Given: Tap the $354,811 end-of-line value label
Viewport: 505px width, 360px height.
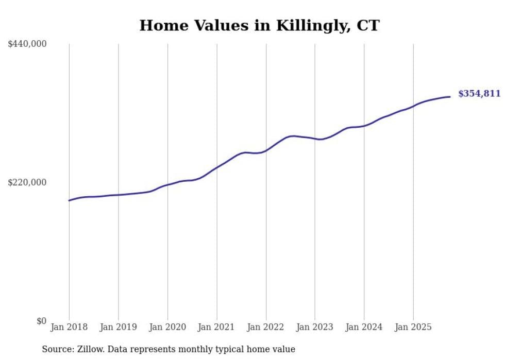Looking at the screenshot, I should point(479,94).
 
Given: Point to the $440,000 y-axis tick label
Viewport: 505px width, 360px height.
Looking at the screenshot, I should point(27,44).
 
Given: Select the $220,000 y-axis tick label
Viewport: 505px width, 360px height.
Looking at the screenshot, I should point(27,182).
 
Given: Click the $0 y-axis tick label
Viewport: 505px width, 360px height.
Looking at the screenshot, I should point(41,321).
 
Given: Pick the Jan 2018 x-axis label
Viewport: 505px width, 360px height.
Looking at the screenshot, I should point(69,327).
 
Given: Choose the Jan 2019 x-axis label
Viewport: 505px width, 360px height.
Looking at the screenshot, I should point(118,327).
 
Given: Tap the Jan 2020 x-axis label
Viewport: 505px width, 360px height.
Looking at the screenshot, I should point(167,327).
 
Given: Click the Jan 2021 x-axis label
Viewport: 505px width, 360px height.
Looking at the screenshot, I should point(216,327).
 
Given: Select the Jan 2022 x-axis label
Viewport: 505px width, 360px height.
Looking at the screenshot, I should point(266,327).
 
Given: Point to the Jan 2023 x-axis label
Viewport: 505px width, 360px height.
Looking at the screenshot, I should point(315,327).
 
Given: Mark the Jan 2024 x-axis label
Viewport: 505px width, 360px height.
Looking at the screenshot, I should point(364,327).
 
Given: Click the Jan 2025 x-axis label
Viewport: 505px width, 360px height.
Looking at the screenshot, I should point(413,327).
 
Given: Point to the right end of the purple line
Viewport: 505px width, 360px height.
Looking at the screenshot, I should point(450,97).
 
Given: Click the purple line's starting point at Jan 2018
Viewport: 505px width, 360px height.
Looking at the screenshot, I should point(69,200).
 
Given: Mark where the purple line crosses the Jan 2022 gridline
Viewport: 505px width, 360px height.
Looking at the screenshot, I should point(266,150).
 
